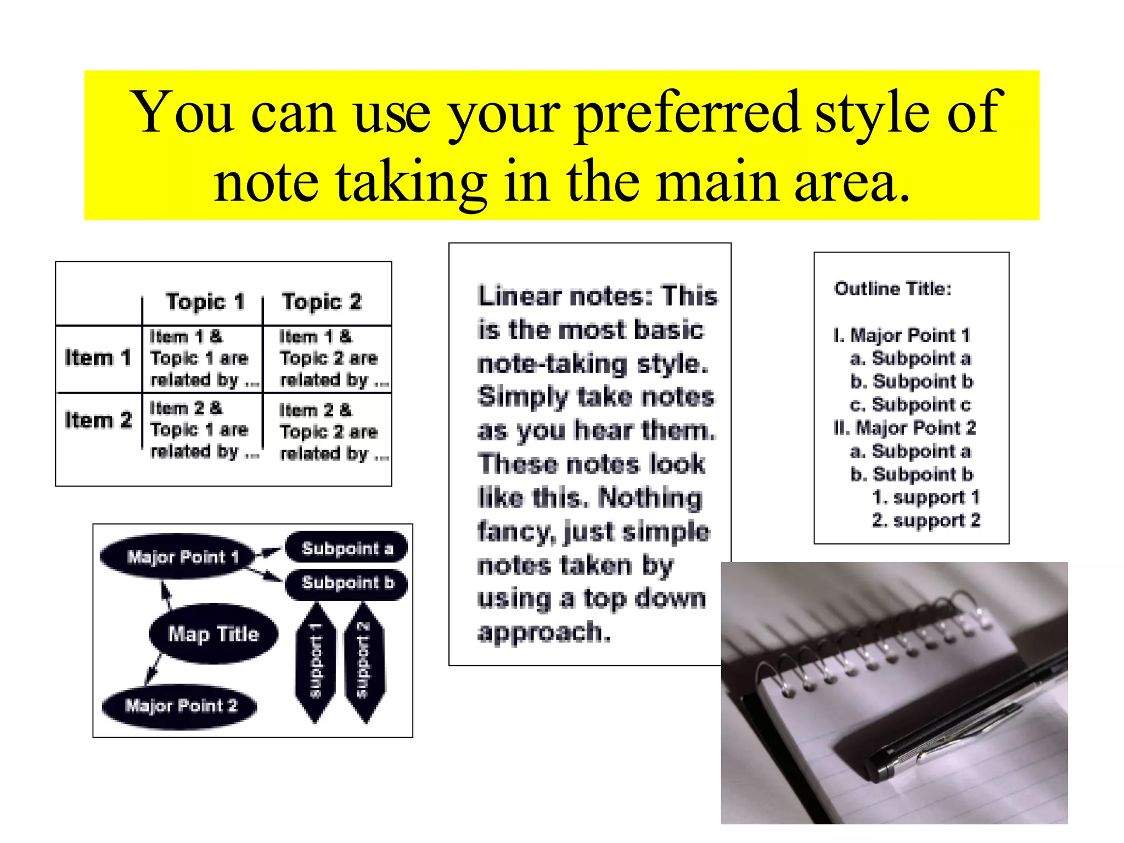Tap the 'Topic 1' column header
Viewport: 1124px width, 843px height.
205,302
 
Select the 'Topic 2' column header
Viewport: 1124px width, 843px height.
322,302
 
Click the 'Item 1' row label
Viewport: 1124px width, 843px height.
98,358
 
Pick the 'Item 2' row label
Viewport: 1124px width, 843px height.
98,420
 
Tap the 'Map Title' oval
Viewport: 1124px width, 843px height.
213,634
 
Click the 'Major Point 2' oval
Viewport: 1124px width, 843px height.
181,706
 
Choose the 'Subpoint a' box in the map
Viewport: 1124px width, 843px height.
347,548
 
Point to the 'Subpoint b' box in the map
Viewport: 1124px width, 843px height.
347,582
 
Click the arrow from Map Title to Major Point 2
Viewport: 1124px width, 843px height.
153,668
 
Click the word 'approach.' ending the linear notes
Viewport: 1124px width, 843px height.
544,632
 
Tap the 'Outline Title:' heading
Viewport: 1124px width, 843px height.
892,289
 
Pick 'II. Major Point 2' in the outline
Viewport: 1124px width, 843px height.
904,428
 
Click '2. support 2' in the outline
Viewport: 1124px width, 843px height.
926,520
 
